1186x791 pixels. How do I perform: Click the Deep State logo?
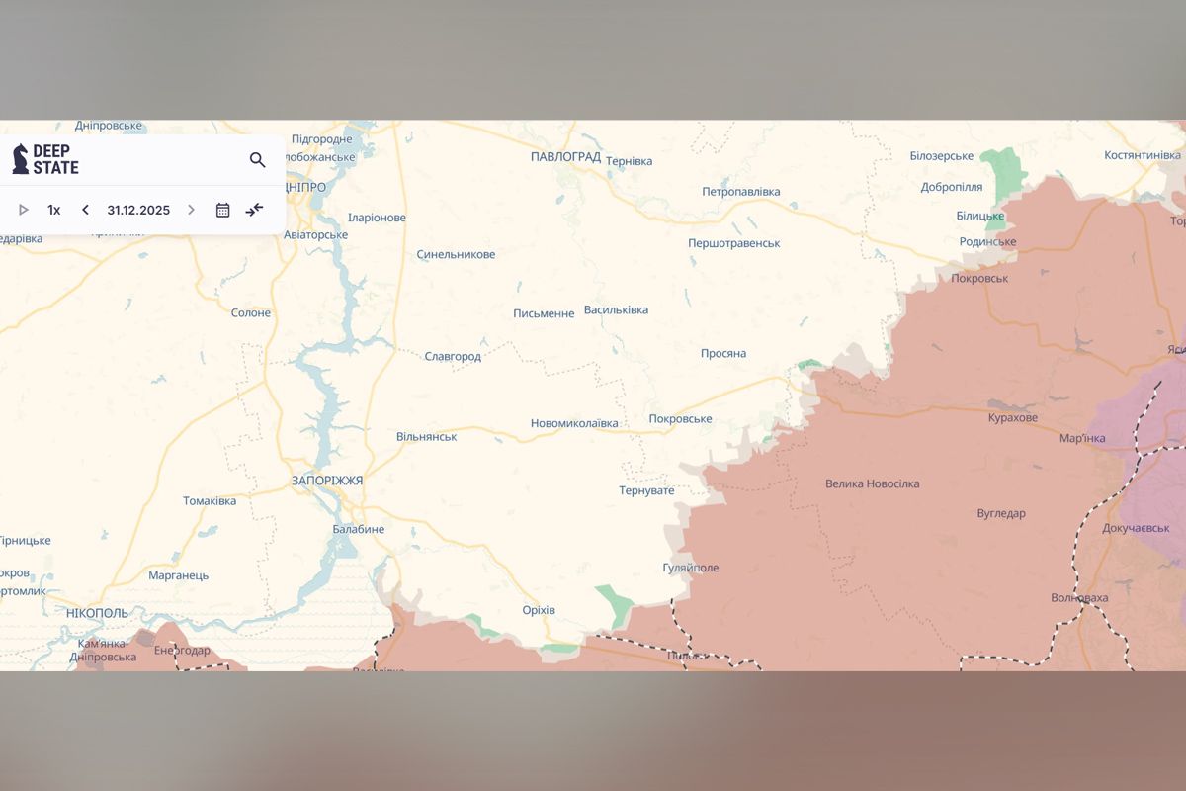pos(45,159)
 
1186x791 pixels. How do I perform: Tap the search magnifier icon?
pos(257,160)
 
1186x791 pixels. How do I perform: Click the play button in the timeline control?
pos(24,210)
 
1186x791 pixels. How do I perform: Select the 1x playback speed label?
pos(54,210)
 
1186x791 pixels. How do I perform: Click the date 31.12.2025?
pos(138,210)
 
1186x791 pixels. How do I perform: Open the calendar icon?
pos(223,210)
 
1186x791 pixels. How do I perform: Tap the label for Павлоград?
pos(565,157)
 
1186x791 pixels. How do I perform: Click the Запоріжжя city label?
pos(327,481)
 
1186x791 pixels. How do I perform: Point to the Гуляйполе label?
pos(691,568)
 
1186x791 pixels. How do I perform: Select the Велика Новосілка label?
pos(873,483)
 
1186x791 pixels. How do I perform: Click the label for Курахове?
pos(1013,418)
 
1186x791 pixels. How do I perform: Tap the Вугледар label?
pos(1001,513)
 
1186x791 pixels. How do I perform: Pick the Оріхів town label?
pos(539,610)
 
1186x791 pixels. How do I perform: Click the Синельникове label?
pos(456,254)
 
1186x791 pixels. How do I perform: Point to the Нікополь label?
pos(97,613)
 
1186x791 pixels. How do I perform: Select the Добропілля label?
pos(951,187)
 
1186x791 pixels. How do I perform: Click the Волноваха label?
pos(1079,598)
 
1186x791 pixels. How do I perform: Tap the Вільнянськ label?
pos(426,436)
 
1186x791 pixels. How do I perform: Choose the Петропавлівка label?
pos(740,191)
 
